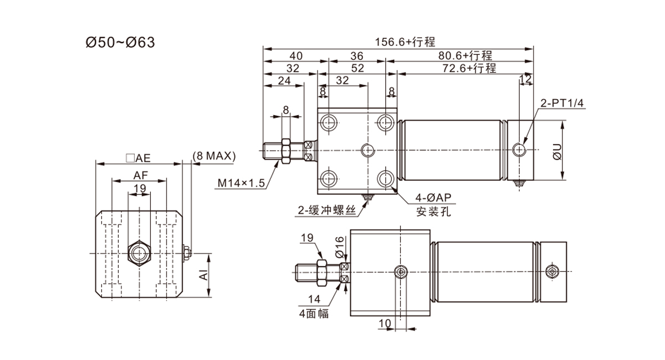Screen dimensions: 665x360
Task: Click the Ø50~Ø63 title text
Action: pyautogui.click(x=120, y=43)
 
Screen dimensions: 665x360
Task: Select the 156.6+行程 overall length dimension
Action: pyautogui.click(x=405, y=42)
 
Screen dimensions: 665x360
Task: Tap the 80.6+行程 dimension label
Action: pyautogui.click(x=465, y=55)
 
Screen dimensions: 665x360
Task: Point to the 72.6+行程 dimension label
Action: pyautogui.click(x=469, y=68)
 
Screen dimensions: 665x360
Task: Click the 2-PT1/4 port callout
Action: pyautogui.click(x=562, y=103)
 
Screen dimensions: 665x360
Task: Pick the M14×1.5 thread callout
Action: pyautogui.click(x=241, y=183)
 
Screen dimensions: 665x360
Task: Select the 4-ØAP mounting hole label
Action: pyautogui.click(x=433, y=197)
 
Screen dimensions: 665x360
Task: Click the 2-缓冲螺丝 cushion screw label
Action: pyautogui.click(x=327, y=210)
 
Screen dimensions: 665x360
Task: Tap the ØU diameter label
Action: pyautogui.click(x=557, y=152)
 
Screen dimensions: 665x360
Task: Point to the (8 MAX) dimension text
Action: pyautogui.click(x=214, y=156)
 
